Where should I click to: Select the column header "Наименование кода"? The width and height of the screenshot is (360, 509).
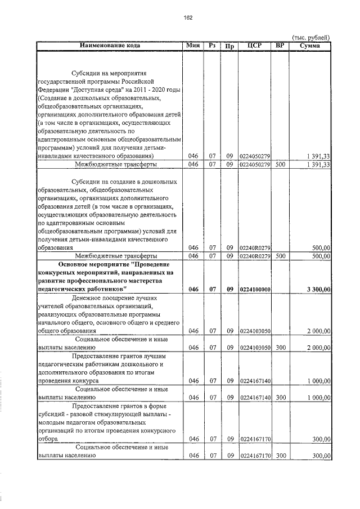(110, 45)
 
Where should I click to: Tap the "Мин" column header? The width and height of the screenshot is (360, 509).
(193, 45)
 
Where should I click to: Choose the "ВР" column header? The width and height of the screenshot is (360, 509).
(281, 45)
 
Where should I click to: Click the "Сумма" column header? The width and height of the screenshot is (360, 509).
(310, 45)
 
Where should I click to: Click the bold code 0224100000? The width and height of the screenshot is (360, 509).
(255, 289)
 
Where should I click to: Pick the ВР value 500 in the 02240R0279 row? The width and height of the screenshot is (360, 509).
(281, 256)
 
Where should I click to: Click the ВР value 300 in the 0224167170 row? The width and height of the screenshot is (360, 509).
(281, 456)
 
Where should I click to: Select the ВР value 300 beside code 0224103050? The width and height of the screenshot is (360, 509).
(281, 348)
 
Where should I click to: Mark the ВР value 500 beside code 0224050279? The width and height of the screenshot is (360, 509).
(281, 164)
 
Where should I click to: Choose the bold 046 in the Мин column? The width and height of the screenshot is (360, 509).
(193, 289)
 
